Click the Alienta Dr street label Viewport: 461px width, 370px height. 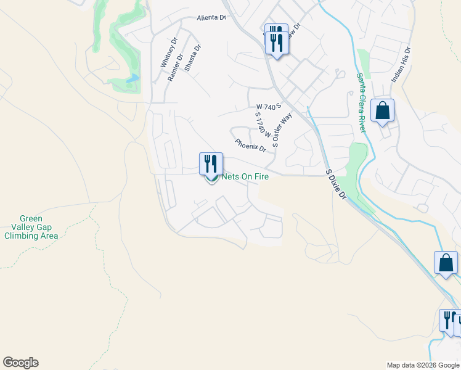coord(211,18)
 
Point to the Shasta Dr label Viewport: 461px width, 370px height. coord(193,57)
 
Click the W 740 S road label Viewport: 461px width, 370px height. coord(269,106)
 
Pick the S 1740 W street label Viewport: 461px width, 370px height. coord(263,128)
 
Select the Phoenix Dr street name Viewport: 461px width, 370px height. coord(250,146)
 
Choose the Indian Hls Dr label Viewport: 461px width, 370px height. coord(400,65)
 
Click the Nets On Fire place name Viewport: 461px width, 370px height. coord(245,176)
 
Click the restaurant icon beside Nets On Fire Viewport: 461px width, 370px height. coord(211,164)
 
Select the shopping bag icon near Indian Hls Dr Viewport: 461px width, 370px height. coord(382,111)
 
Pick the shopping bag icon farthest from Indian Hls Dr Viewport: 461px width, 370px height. coord(446,263)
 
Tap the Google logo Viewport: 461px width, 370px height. coord(20,363)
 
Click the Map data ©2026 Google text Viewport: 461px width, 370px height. coord(422,365)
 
